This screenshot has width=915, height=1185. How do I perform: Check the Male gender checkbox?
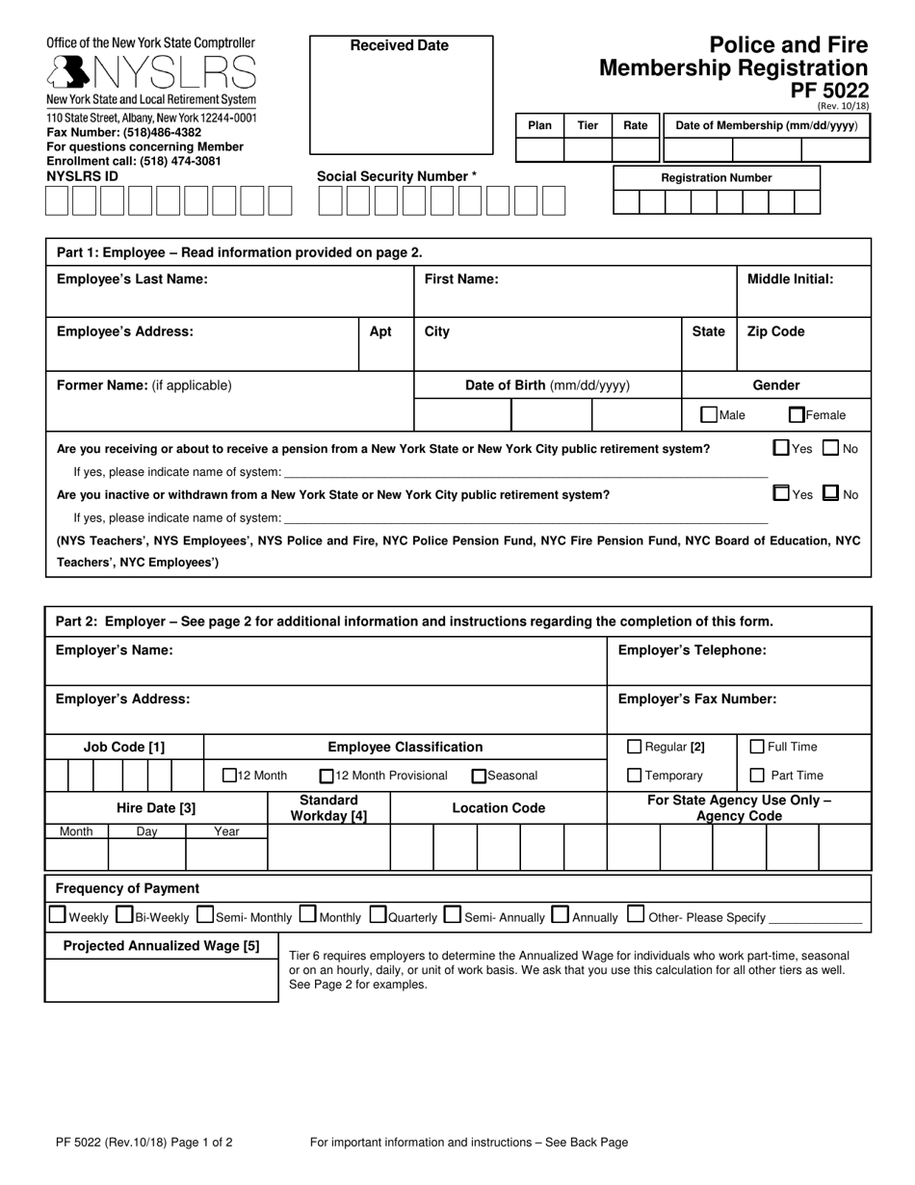click(x=709, y=415)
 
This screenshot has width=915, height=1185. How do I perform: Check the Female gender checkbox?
click(x=797, y=415)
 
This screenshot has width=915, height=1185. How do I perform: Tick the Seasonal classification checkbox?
click(x=479, y=776)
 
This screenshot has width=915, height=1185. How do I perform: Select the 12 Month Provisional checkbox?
click(x=327, y=776)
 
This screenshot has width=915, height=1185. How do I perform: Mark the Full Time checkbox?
click(x=757, y=747)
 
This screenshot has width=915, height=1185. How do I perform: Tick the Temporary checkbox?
click(x=635, y=776)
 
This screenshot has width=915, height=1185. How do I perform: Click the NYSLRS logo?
click(x=151, y=72)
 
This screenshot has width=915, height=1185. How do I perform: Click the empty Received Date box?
click(x=401, y=106)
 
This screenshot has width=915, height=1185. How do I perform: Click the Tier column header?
click(x=588, y=125)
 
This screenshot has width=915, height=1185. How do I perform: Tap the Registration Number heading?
click(x=717, y=178)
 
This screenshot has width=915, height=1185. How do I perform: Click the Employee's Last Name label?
click(x=132, y=279)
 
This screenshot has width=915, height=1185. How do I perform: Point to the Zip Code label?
click(x=775, y=331)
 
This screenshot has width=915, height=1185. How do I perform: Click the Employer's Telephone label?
click(x=692, y=650)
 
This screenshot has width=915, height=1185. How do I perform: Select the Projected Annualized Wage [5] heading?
click(x=161, y=946)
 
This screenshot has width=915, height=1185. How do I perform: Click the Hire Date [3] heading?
click(x=156, y=808)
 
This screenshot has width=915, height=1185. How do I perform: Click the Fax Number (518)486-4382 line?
click(x=124, y=132)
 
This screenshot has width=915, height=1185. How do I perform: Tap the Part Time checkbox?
click(x=757, y=776)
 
